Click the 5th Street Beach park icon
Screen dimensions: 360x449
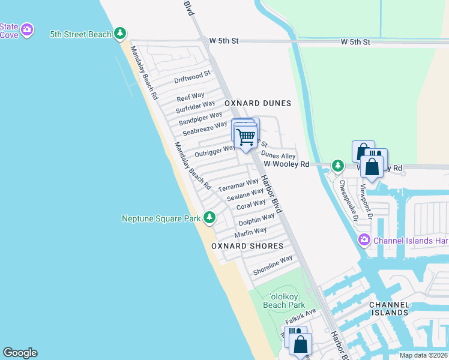(x=121, y=34)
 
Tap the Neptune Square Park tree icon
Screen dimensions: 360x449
(x=209, y=218)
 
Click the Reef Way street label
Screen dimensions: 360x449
(x=190, y=97)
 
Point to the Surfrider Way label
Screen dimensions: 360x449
(x=195, y=107)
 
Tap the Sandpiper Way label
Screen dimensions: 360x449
(x=200, y=118)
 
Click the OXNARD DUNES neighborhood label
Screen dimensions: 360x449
(x=258, y=103)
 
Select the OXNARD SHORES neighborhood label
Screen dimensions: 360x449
(x=247, y=246)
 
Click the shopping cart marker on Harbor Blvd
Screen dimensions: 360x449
(x=245, y=137)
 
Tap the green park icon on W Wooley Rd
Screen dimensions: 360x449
(x=338, y=164)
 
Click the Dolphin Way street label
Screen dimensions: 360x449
(x=256, y=220)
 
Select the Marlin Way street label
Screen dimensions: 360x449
(x=250, y=232)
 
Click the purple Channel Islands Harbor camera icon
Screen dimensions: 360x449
(x=364, y=241)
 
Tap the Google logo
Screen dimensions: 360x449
(x=20, y=353)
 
